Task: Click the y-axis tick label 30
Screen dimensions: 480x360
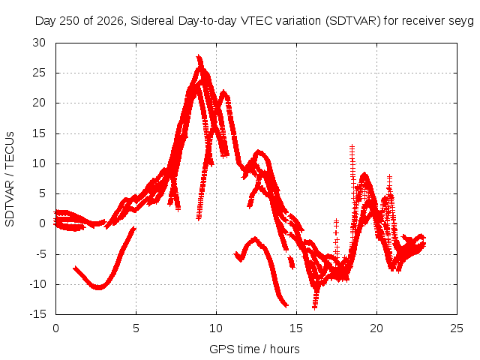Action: point(39,43)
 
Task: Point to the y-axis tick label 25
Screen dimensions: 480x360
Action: point(39,73)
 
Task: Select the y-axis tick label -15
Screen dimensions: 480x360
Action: point(37,314)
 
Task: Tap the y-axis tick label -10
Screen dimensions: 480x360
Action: point(37,284)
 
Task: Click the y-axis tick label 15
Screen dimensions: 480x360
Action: point(39,133)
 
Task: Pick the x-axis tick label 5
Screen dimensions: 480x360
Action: point(136,328)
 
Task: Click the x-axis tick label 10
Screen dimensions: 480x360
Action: point(216,328)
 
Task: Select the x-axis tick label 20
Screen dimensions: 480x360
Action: point(376,328)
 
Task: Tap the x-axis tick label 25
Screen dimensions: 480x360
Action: point(457,328)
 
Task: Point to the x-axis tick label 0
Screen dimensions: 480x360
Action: point(55,328)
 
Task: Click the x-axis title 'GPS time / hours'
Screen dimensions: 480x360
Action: point(254,349)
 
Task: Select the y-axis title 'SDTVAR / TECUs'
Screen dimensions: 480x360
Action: point(10,179)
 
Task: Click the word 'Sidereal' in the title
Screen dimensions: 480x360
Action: point(153,21)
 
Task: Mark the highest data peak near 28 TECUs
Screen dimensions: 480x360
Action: point(199,57)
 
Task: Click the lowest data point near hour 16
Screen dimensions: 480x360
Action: point(315,307)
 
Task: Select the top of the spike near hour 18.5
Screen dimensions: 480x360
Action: point(352,147)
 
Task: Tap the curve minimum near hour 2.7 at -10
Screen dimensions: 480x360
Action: point(98,287)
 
